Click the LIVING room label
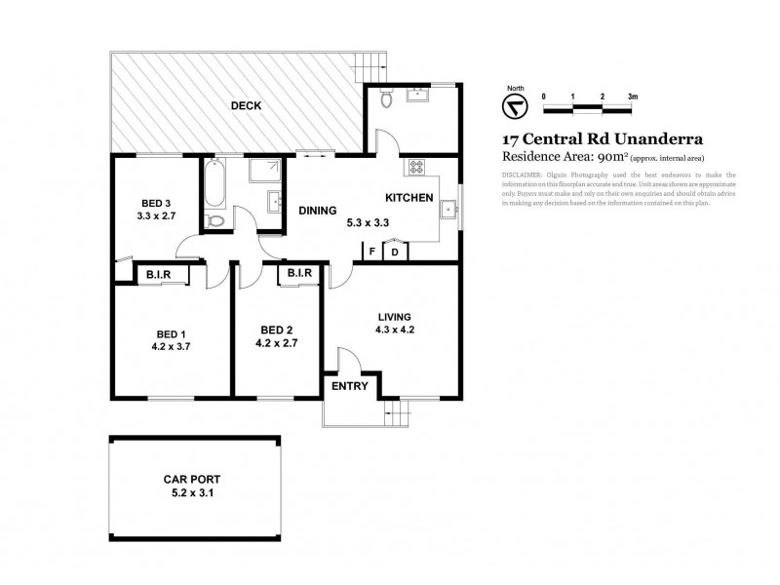394,316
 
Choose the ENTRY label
350,386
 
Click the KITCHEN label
409,198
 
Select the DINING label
318,210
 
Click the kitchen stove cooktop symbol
416,168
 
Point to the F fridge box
371,253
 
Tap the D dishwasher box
395,253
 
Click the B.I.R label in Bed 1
159,274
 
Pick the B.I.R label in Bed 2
298,274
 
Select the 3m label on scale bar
633,97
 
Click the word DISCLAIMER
523,175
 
